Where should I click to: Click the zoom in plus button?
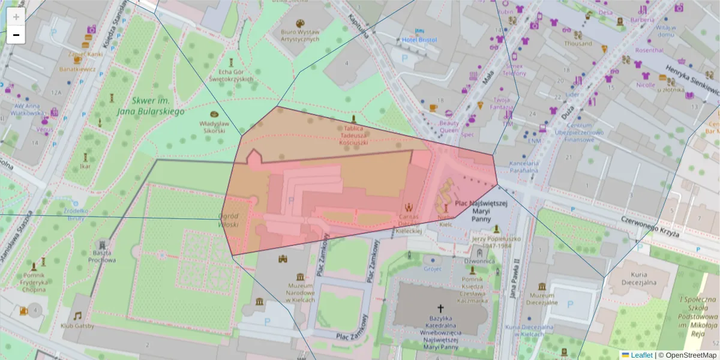pyautogui.click(x=16, y=17)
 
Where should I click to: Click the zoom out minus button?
pyautogui.click(x=16, y=35)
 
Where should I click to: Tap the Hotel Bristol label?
pyautogui.click(x=419, y=40)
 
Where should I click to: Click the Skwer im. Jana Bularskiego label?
pyautogui.click(x=151, y=106)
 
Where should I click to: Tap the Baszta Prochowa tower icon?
pyautogui.click(x=103, y=245)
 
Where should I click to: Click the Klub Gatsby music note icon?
pyautogui.click(x=77, y=316)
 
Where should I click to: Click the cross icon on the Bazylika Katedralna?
pyautogui.click(x=441, y=307)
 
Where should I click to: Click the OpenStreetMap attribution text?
pyautogui.click(x=688, y=355)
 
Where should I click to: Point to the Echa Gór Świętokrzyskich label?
pyautogui.click(x=231, y=74)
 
